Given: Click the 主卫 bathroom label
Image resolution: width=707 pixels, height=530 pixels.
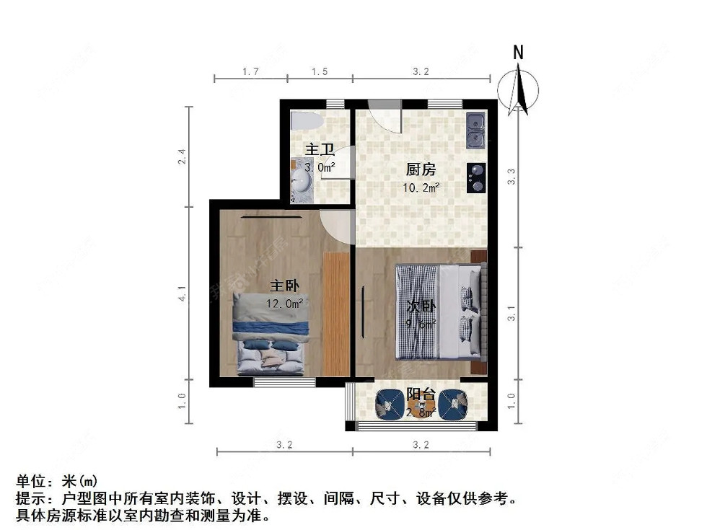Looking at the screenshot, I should (x=320, y=150).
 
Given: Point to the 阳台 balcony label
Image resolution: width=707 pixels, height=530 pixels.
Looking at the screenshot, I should (x=420, y=394).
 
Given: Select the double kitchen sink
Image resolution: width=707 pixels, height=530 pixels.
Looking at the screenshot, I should (x=476, y=129).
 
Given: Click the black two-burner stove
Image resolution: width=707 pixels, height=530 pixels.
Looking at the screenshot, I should (x=476, y=178).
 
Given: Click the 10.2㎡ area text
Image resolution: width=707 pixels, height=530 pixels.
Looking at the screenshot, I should (x=421, y=187).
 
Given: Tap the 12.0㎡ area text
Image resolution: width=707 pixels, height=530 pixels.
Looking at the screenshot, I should (x=284, y=304).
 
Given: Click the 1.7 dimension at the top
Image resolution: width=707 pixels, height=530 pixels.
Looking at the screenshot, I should (x=250, y=71).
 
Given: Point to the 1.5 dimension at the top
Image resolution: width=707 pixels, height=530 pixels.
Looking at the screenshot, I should (x=319, y=71).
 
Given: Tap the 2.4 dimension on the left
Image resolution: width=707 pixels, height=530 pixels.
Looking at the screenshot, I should (x=183, y=156).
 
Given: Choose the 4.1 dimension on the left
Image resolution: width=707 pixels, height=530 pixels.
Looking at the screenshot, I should (x=183, y=293).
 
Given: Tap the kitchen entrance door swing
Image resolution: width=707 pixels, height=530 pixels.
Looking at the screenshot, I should (x=384, y=115).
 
